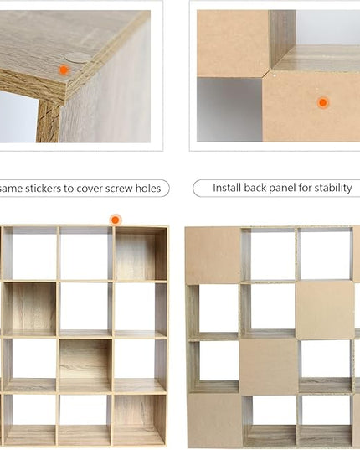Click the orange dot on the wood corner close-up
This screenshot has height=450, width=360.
[x=64, y=70]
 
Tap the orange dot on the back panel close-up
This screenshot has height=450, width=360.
[x=323, y=102]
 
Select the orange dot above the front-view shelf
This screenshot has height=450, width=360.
[x=116, y=220]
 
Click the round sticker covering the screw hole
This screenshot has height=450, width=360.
[x=76, y=58]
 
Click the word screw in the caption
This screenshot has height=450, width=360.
[x=119, y=189]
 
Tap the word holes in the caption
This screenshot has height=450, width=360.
[x=148, y=189]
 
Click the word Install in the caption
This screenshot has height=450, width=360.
[x=227, y=188]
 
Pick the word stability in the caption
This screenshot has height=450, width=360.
[x=333, y=188]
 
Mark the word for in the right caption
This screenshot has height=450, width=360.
[x=306, y=188]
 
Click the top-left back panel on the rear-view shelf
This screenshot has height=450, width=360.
[x=213, y=255]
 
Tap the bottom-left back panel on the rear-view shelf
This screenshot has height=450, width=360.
[x=215, y=420]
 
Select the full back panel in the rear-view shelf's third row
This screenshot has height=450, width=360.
[x=269, y=366]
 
